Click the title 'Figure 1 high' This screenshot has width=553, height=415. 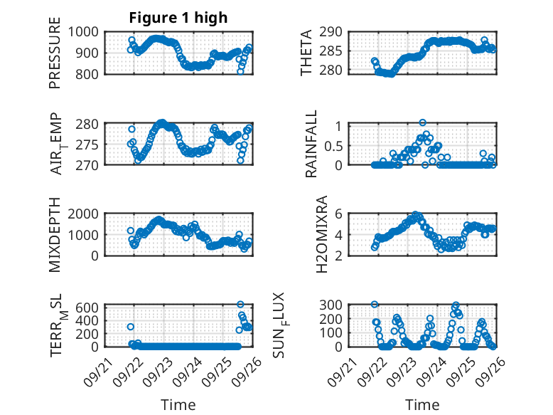coord(178,18)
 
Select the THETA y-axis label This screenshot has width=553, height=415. coord(306,52)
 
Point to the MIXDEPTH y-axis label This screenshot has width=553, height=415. coord(55,234)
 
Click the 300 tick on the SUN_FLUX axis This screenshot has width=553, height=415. coord(335,305)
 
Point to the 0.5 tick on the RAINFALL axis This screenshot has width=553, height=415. coord(335,145)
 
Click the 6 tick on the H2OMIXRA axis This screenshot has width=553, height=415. coord(340,214)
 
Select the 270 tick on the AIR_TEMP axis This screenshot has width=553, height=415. coord(89,164)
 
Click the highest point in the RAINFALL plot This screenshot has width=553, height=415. coord(422,123)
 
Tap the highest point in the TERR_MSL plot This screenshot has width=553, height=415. coord(240,305)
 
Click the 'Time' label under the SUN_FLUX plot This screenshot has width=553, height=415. coord(422,405)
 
